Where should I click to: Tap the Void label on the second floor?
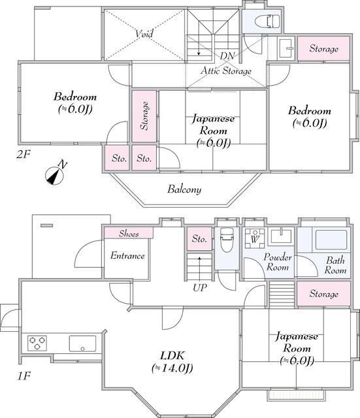pos(144,34)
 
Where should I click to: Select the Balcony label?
pos(184,189)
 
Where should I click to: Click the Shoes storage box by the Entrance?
pos(128,233)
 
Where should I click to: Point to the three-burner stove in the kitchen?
pos(37,343)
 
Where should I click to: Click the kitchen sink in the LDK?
pos(82,344)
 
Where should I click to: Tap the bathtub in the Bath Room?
pos(331,240)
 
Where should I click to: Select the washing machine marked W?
pos(254,238)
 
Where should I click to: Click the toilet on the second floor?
pos(267,22)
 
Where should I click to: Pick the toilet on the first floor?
pos(227,240)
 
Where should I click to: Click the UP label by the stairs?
pos(200,287)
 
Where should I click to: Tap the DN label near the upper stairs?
pos(227,56)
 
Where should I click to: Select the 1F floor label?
pos(24,376)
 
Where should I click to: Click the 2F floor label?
pos(24,154)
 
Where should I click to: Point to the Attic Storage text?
pos(226,71)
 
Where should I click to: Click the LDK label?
pos(172,355)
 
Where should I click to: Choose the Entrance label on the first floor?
pos(127,255)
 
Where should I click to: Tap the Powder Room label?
pos(278,262)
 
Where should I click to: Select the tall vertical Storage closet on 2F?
pos(144,116)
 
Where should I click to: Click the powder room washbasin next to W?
pos(281,236)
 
